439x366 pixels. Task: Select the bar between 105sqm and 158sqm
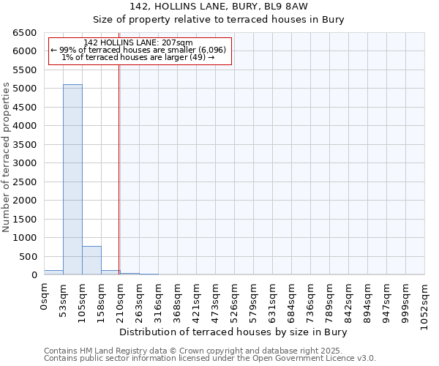tap(91, 261)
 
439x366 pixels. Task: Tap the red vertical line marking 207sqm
tap(119, 183)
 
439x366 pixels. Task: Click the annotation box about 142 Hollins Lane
tap(139, 50)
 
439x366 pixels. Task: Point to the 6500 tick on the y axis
tap(24, 33)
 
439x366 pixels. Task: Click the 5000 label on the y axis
tap(24, 89)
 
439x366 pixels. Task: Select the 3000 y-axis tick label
tap(24, 163)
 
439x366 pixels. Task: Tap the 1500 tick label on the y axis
tap(24, 220)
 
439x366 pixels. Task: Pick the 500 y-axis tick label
tap(27, 257)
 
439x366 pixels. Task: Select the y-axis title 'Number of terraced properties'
tap(7, 157)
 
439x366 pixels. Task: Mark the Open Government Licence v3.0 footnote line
tap(210, 359)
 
